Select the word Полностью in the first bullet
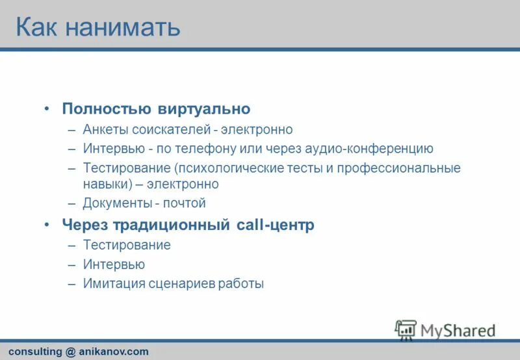point(107,109)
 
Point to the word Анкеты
point(105,129)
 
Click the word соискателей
point(170,129)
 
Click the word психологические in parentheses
point(231,168)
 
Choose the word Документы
point(117,203)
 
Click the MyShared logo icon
point(406,329)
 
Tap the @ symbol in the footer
point(71,352)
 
